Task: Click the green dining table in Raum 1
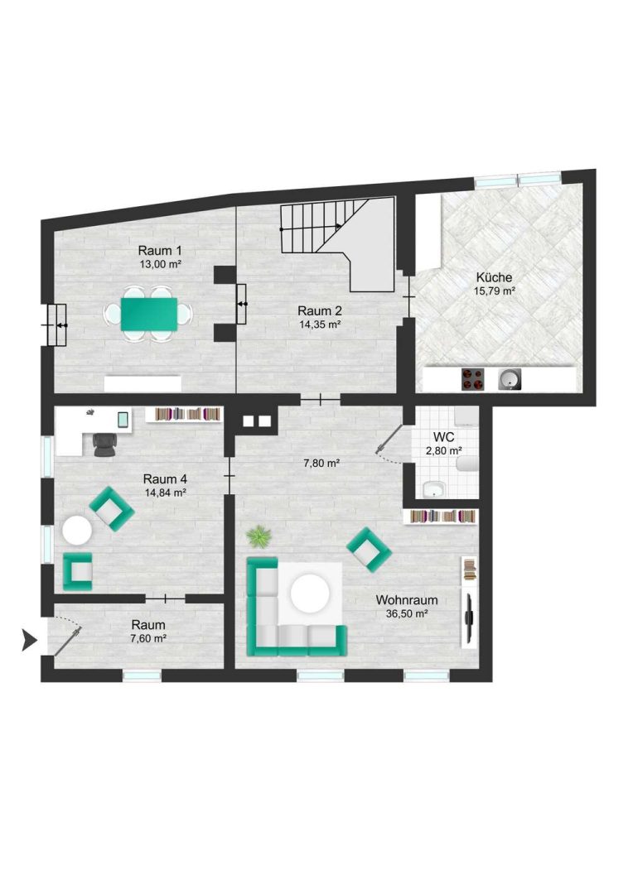pos(148,314)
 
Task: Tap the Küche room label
pos(494,277)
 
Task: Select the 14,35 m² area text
pos(320,324)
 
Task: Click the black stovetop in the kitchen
pos(472,379)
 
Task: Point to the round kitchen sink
pos(510,379)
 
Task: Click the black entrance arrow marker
pos(29,640)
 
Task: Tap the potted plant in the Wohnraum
pos(259,536)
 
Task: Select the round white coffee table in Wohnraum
pos(310,594)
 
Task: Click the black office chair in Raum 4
pos(104,445)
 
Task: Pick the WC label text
pos(443,437)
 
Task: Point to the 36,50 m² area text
pos(407,614)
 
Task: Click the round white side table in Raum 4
pos(77,531)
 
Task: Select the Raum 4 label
pos(165,479)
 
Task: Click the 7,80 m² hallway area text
pos(321,464)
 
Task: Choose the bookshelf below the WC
pos(441,517)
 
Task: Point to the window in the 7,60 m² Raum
pos(142,675)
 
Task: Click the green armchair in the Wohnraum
pos(369,550)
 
